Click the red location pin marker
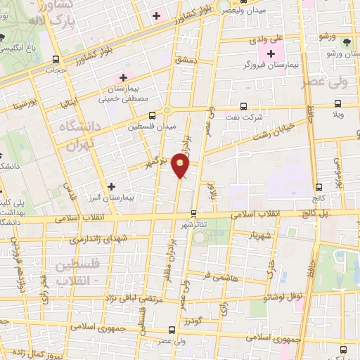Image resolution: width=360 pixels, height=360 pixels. (181, 167)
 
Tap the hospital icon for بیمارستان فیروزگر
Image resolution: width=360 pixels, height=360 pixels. (271, 54)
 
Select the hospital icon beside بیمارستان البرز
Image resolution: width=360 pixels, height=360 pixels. (111, 186)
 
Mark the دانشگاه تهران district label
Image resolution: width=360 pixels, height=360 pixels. (83, 136)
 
